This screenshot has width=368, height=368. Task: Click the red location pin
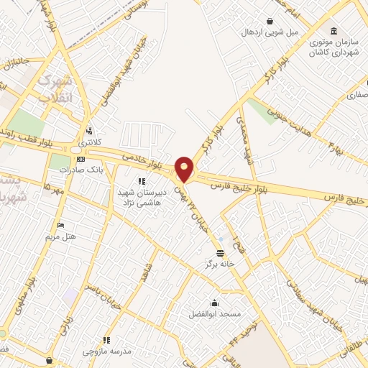coord(185,169)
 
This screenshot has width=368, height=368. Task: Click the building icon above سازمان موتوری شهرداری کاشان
coord(333,31)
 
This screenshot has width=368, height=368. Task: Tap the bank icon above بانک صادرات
coord(80,159)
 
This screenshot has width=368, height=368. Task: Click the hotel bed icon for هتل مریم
coord(60,225)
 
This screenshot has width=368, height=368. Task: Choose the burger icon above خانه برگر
coord(220,253)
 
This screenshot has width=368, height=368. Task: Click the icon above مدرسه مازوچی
coord(106,340)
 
